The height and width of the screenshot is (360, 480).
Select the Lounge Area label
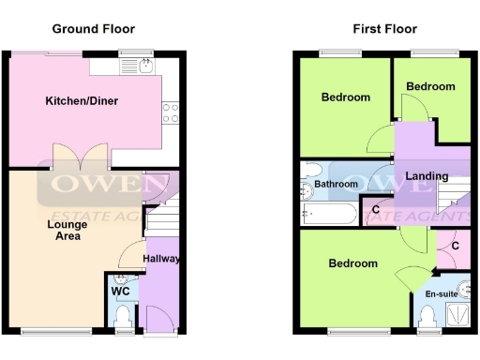65,230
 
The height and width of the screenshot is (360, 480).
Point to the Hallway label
161,259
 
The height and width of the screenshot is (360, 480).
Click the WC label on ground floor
120,292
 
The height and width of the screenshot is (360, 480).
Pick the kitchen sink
145,65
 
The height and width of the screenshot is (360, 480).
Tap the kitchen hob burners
171,112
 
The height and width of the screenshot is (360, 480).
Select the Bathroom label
336,185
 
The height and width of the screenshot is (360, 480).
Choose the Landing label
427,175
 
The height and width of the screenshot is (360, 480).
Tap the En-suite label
441,294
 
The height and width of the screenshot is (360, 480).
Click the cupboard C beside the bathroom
376,209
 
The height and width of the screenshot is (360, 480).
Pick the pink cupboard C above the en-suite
455,246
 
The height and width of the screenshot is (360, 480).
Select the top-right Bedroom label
429,86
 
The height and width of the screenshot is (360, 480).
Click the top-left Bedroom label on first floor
345,97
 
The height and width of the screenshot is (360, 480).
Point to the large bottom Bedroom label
352,263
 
